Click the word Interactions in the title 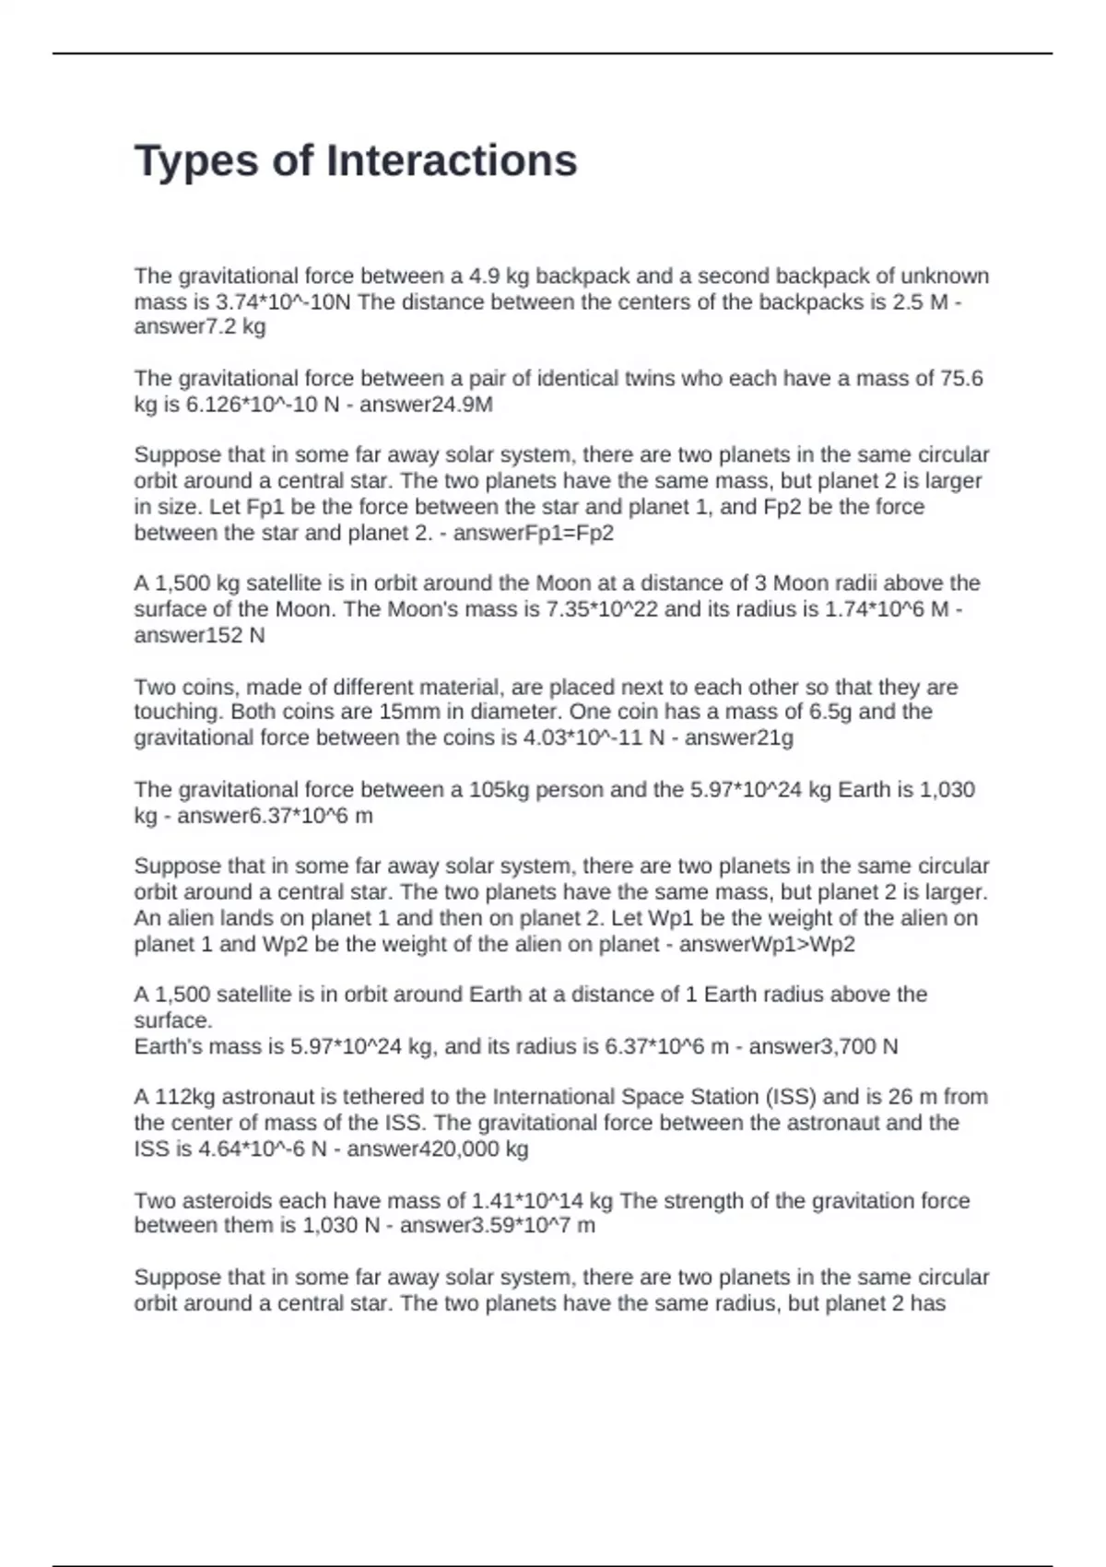(452, 161)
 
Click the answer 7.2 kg (200, 326)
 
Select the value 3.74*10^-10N (283, 301)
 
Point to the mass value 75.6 (961, 378)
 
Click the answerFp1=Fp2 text (534, 533)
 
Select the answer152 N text (199, 635)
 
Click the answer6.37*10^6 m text (275, 815)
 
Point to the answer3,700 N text (823, 1046)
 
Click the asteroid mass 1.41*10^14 (529, 1200)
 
